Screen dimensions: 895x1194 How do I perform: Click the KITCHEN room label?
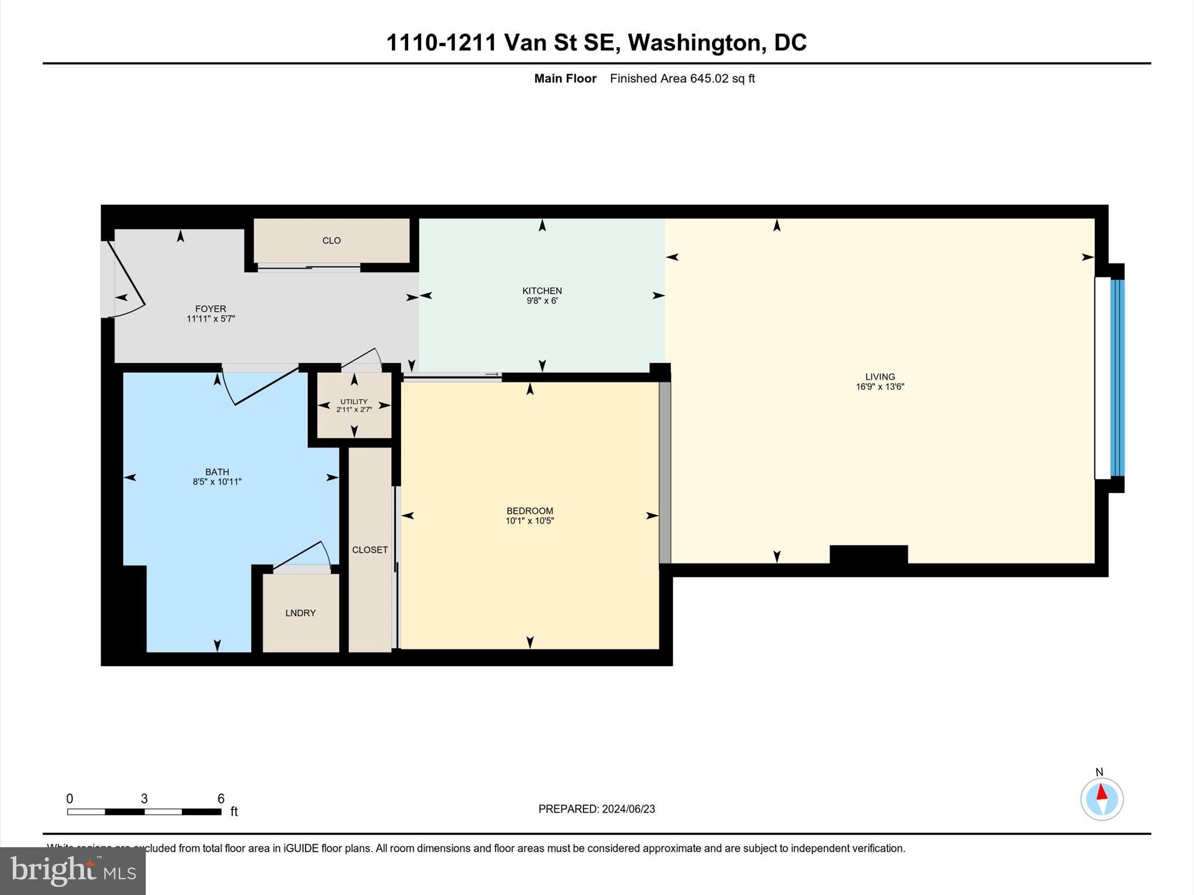(x=542, y=291)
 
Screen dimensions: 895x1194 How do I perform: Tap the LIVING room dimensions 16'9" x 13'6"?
(x=880, y=387)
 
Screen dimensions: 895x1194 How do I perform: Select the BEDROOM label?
(x=529, y=511)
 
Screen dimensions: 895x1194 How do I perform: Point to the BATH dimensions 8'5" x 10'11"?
(x=217, y=482)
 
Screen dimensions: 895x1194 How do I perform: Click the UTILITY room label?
(x=354, y=401)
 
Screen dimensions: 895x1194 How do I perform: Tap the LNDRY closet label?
(x=300, y=613)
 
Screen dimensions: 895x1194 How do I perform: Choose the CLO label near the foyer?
(x=331, y=241)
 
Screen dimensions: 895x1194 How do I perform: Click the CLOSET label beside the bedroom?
(x=370, y=550)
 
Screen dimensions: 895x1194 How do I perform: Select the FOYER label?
(x=210, y=309)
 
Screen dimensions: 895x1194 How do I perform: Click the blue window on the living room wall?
(x=1116, y=378)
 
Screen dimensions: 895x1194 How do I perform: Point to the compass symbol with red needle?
(x=1101, y=799)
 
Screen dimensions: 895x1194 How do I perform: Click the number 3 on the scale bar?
(x=144, y=799)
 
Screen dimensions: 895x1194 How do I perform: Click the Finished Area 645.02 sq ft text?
(x=682, y=79)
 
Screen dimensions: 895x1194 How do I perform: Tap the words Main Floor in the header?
(x=565, y=79)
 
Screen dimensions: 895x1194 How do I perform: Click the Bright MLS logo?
(x=73, y=871)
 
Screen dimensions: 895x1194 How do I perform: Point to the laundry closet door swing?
(x=303, y=556)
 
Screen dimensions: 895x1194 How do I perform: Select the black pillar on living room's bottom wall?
(x=868, y=554)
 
